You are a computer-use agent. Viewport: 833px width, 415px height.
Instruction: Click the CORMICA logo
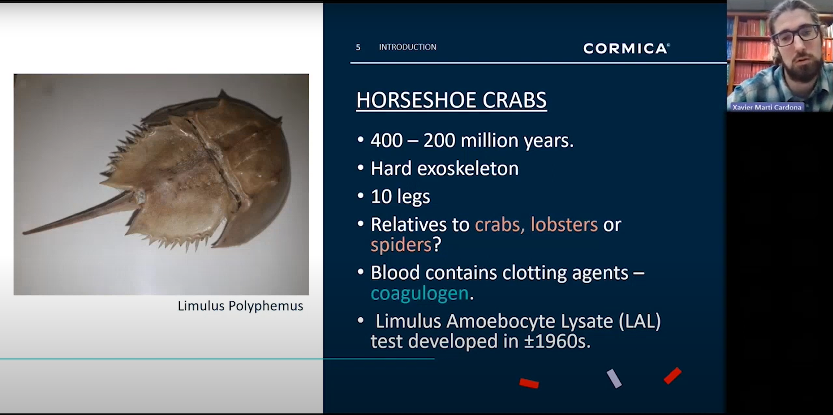pos(626,48)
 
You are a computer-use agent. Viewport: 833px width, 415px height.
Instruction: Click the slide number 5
pos(358,47)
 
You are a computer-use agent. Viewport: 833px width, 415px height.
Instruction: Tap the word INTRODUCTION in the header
pos(407,47)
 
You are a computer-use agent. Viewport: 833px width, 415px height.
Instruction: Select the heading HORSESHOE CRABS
pos(451,100)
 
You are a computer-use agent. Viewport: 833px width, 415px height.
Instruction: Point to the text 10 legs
pos(400,197)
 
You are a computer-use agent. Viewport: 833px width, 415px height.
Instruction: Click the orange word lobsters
pos(564,225)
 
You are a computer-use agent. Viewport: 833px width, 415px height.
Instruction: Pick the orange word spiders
pos(400,245)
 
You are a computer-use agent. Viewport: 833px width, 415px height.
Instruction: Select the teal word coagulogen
pos(419,293)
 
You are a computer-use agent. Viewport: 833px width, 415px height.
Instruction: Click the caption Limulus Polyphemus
pos(240,306)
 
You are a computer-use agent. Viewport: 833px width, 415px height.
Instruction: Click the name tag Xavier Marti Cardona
pos(767,107)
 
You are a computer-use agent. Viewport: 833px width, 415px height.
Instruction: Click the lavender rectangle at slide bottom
pos(614,378)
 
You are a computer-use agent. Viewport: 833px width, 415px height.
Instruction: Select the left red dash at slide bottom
pos(529,383)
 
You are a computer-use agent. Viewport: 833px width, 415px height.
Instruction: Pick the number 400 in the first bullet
pos(386,141)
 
